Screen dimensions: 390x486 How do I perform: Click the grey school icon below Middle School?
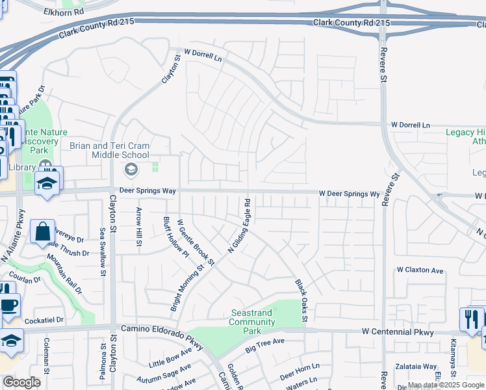pos(131,170)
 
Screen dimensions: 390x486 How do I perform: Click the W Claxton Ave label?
pos(420,270)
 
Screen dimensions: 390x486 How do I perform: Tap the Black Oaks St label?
pos(301,300)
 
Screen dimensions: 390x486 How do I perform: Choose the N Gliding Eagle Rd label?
pos(240,226)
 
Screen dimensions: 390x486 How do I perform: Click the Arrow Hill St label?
pos(139,227)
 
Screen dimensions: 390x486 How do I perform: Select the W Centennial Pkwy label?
pos(398,331)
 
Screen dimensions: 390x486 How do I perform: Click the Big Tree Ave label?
pos(265,345)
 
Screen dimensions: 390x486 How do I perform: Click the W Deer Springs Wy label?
pos(349,194)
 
